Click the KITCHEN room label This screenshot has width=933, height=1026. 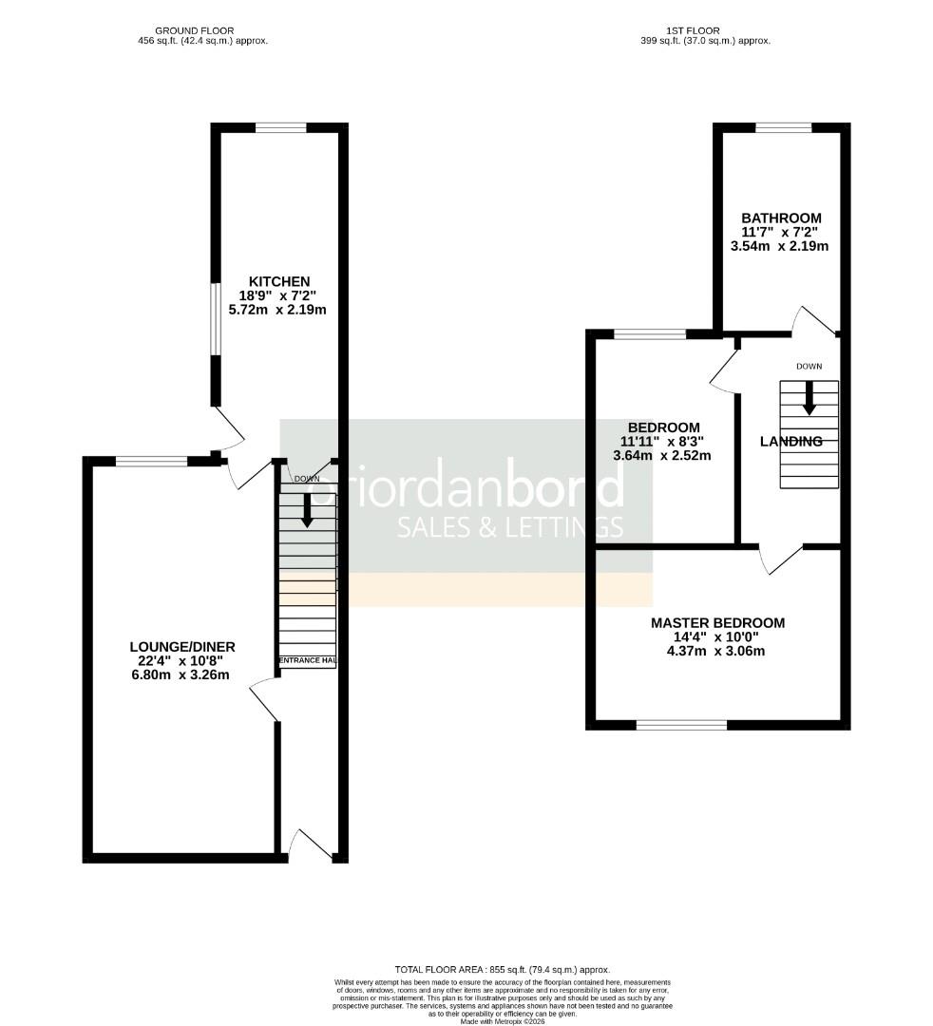click(279, 281)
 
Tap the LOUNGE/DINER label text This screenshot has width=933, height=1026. click(182, 647)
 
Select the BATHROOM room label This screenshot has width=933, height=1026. click(781, 218)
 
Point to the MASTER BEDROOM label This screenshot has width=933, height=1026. click(717, 623)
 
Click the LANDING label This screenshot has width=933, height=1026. click(790, 441)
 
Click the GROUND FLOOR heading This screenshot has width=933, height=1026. click(194, 31)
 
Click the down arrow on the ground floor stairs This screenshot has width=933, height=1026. click(307, 511)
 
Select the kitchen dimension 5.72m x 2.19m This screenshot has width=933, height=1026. click(277, 310)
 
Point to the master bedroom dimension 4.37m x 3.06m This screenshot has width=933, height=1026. click(717, 651)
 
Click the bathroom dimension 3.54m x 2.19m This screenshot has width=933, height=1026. click(779, 246)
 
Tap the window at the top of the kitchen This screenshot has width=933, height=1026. click(280, 127)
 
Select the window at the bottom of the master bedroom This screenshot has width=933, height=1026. click(681, 725)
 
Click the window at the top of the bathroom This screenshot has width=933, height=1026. click(783, 127)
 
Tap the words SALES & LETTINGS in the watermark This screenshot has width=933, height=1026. click(509, 527)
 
